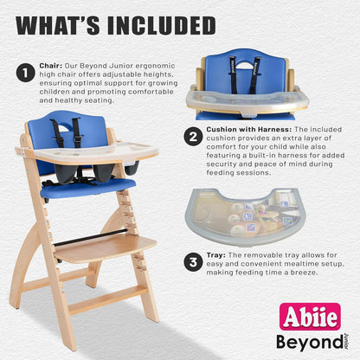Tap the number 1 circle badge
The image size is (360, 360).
25,73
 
